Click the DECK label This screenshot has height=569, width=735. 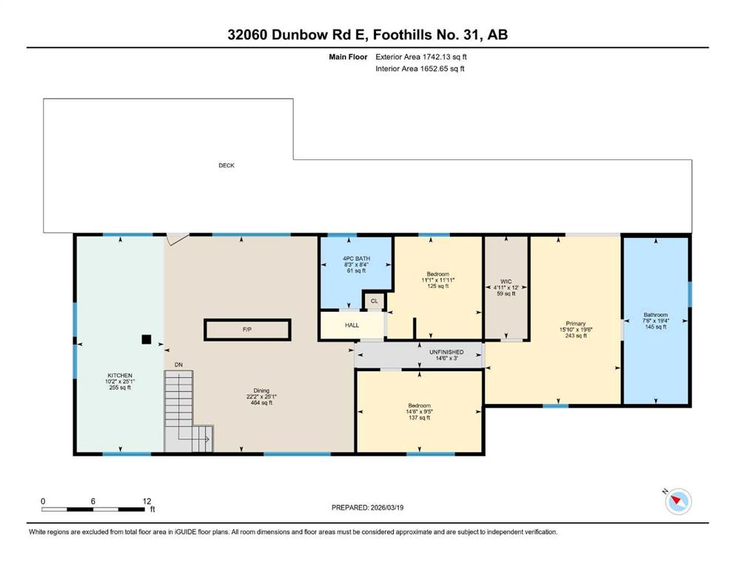[x=226, y=165]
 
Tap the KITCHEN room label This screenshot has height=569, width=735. [x=120, y=376]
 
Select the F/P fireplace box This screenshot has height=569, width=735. [x=247, y=330]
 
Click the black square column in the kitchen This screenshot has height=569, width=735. [x=147, y=339]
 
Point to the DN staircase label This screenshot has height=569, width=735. [x=178, y=365]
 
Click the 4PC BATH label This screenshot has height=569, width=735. [x=356, y=259]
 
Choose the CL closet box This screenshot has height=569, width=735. [x=374, y=301]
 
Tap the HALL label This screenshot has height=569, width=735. [x=352, y=325]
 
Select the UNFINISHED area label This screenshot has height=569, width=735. [x=447, y=352]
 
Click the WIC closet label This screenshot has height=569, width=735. [x=506, y=282]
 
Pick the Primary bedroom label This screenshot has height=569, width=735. [x=576, y=323]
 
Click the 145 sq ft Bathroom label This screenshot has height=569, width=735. [x=655, y=327]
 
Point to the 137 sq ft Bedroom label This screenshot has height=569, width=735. [x=419, y=417]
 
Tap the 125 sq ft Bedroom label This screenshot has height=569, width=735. [x=437, y=286]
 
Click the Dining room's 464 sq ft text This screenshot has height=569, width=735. [x=261, y=402]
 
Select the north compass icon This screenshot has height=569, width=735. [x=678, y=501]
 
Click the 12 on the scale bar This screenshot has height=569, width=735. [x=147, y=501]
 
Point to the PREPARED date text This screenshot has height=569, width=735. [x=367, y=508]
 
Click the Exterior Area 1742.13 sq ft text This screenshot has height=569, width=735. [x=421, y=57]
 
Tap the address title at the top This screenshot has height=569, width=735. [x=367, y=35]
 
